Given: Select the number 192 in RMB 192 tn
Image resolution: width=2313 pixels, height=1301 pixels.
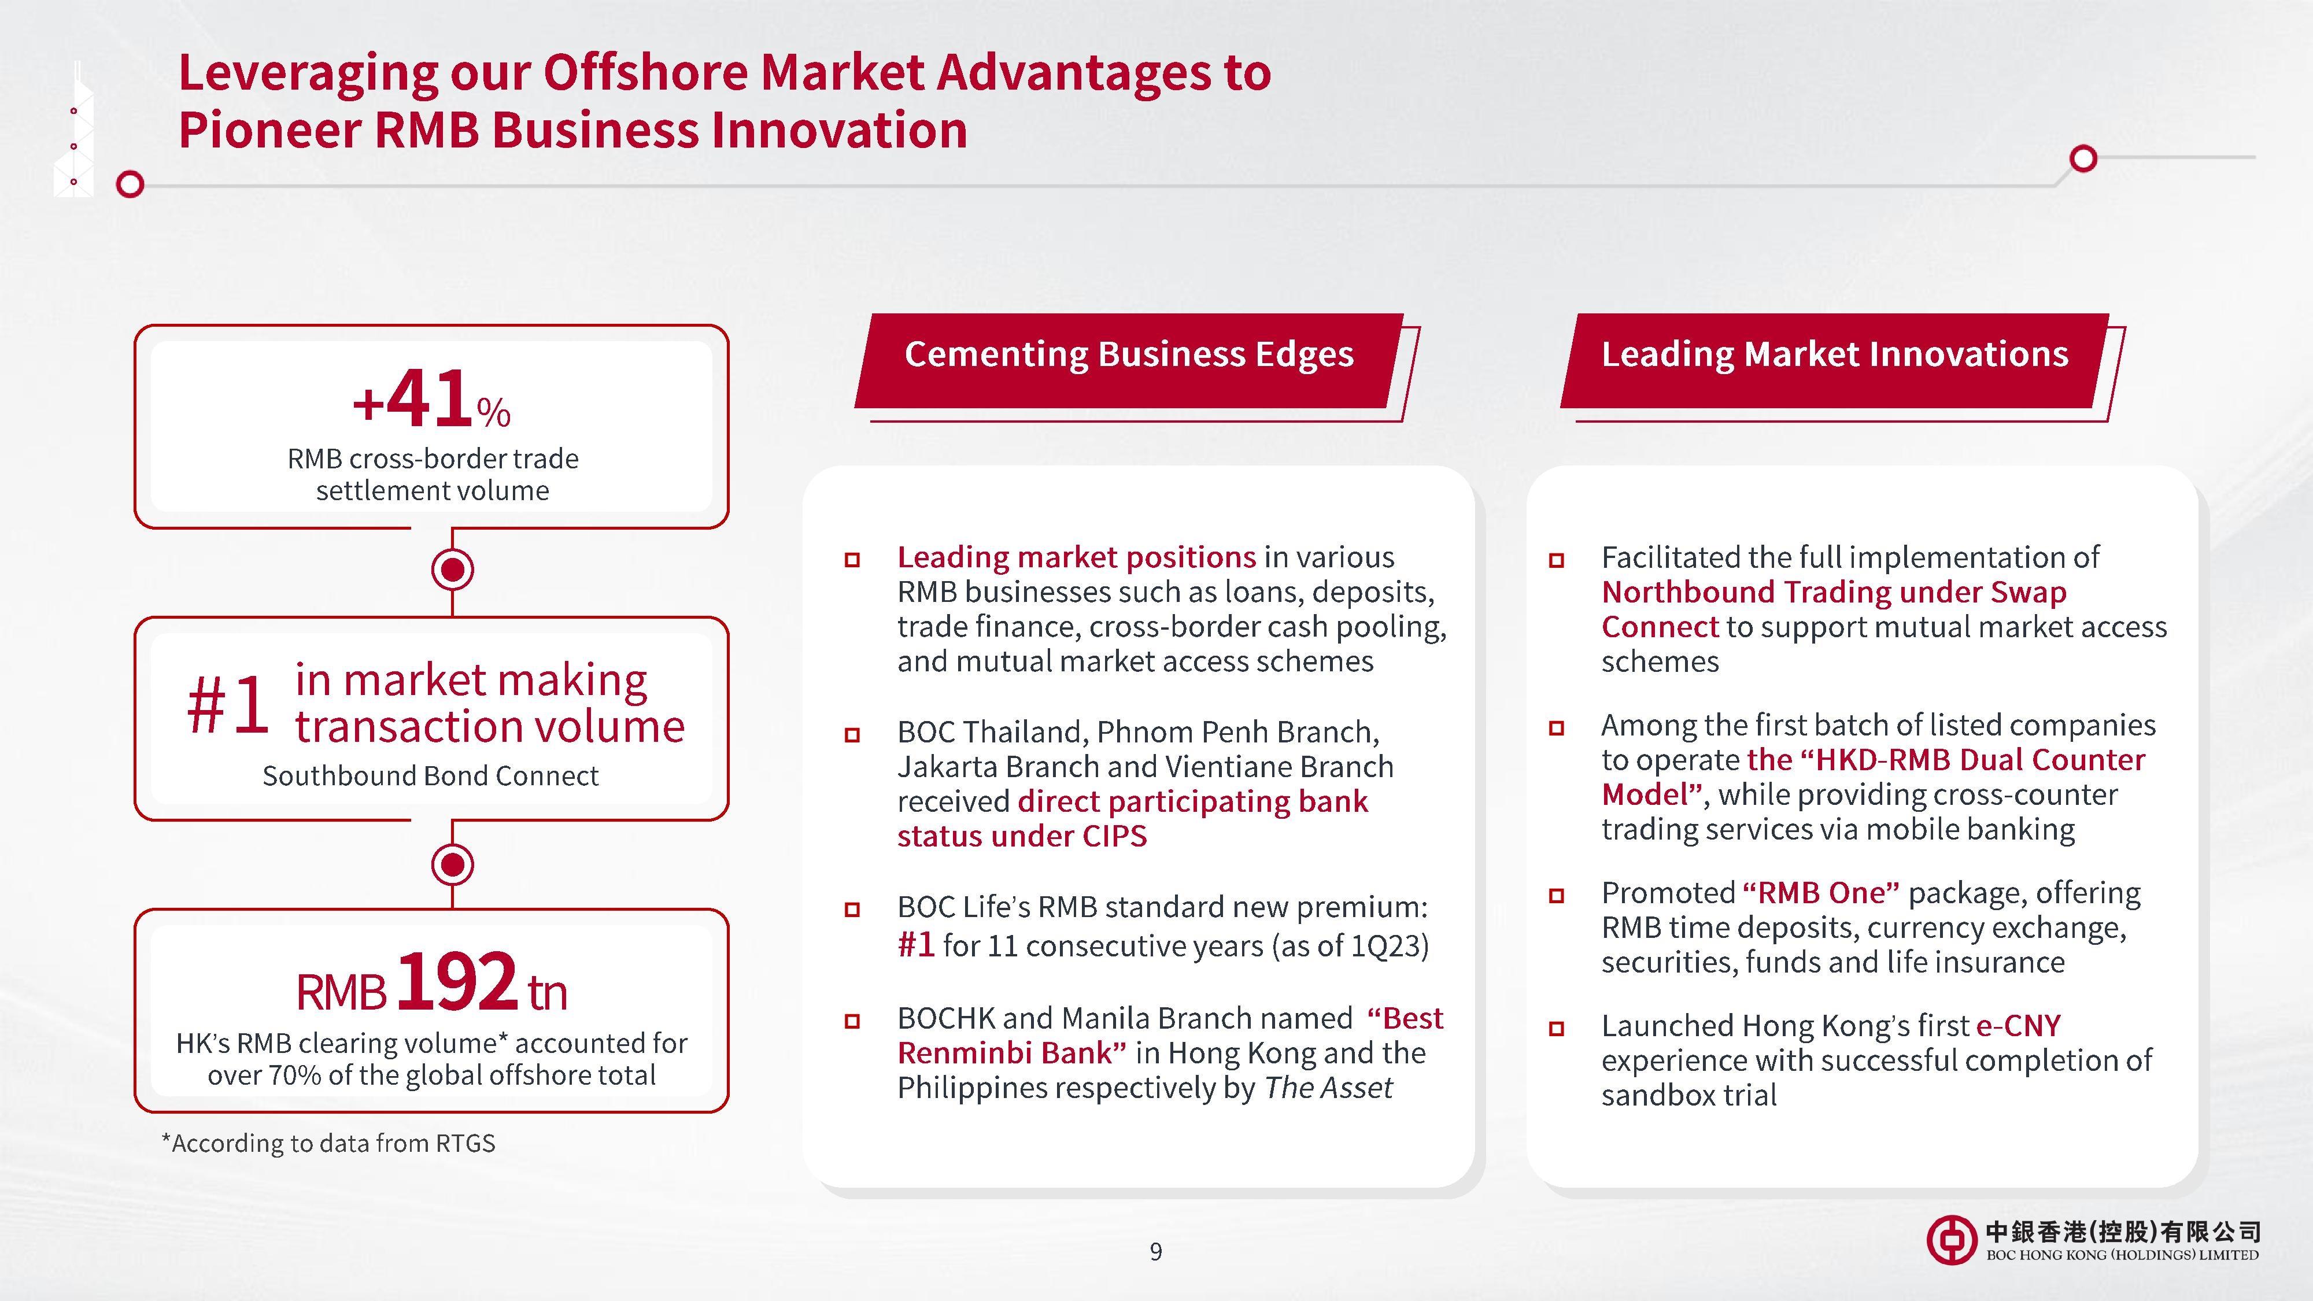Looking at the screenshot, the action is point(456,981).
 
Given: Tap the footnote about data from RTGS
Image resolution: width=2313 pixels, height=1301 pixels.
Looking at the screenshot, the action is point(328,1143).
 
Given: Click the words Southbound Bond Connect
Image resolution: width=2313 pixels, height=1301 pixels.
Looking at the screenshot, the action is point(430,776).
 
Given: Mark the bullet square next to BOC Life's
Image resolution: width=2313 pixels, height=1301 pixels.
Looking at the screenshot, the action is point(852,910).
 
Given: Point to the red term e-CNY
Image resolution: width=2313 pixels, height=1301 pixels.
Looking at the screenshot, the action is point(2019,1025).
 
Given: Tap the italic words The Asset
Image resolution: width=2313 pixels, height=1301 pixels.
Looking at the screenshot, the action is point(1328,1088).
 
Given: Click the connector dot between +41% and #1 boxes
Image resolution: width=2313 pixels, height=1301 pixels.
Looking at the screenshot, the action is point(453,569).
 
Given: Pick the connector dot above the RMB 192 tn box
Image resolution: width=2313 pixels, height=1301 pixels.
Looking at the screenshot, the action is point(453,864).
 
